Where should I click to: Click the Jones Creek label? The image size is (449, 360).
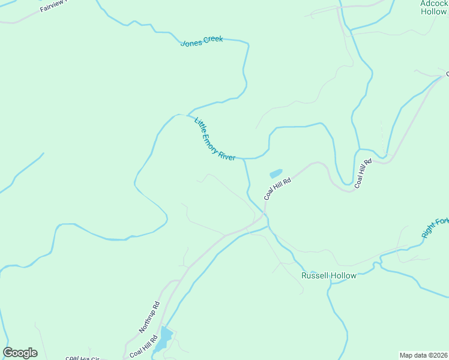click(x=202, y=41)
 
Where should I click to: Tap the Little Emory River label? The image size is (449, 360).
click(x=214, y=139)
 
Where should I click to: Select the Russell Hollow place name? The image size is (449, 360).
click(x=328, y=275)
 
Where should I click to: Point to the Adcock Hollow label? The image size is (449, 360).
click(x=433, y=7)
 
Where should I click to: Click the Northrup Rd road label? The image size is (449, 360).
click(x=149, y=317)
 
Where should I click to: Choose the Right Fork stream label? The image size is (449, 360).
click(x=435, y=227)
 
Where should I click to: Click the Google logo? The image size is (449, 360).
click(x=20, y=353)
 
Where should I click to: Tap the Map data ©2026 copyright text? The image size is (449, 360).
click(x=424, y=355)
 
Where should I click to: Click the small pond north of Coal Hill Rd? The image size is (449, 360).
click(x=276, y=174)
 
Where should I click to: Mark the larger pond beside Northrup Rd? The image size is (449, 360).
click(x=163, y=339)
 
